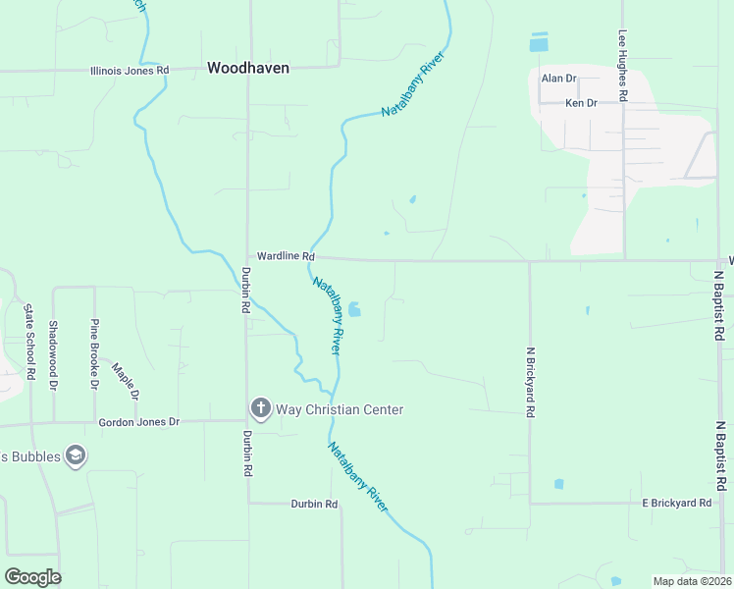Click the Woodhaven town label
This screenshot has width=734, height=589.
pos(247,69)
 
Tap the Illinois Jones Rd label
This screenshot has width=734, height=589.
pos(130,71)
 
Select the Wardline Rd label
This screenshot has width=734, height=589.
pos(279,255)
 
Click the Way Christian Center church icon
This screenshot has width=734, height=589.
pos(260,407)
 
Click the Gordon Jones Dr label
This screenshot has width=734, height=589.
pos(139,422)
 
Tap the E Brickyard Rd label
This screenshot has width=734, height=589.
pos(676,503)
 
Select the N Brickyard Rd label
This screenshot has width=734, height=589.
pos(530,383)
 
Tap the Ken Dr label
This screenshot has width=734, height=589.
pos(581,103)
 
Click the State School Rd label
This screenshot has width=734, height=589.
pos(29,341)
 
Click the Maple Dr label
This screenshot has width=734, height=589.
pos(125,382)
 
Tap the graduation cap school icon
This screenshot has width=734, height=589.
pos(75,455)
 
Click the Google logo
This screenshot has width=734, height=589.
pos(32,577)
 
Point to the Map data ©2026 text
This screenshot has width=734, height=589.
pos(691,581)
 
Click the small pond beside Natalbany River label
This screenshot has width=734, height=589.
pos(354,309)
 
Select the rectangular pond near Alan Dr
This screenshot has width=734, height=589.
pos(539,42)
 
